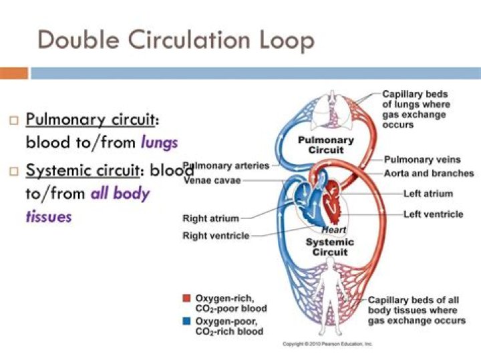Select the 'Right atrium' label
pos(210,218)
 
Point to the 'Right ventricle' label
pos(216,236)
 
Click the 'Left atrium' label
pos(428,194)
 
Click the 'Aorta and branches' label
pos(425,173)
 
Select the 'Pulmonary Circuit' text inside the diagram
pos(325,145)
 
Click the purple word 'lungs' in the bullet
pos(159,142)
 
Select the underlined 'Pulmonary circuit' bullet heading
pos(93,120)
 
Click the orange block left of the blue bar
pos(14,73)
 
